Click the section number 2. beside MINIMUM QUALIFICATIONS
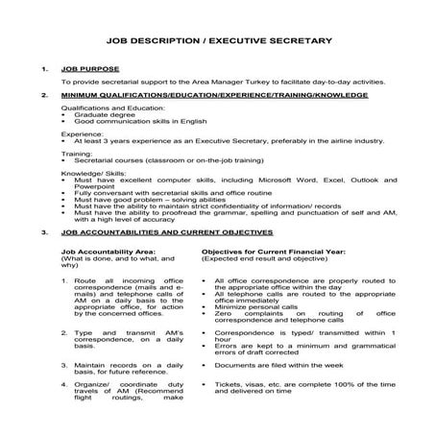[x=44, y=97]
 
